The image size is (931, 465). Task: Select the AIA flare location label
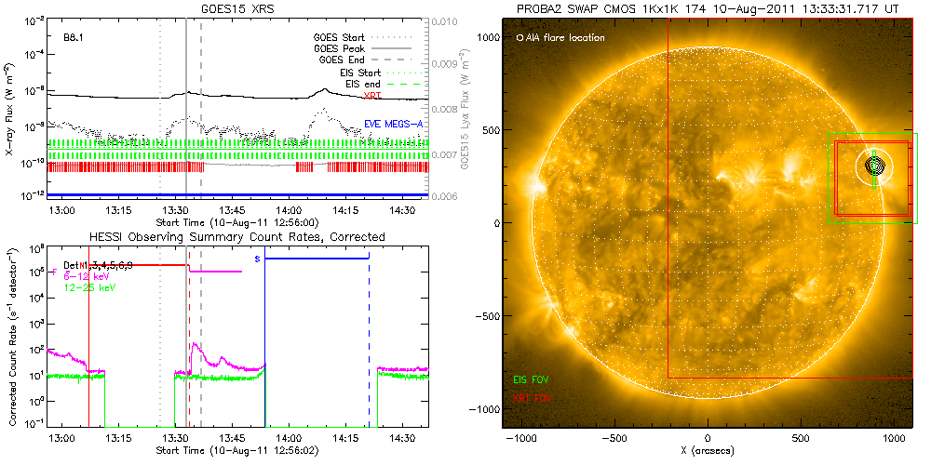click(560, 38)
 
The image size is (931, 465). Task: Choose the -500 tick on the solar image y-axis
click(484, 316)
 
